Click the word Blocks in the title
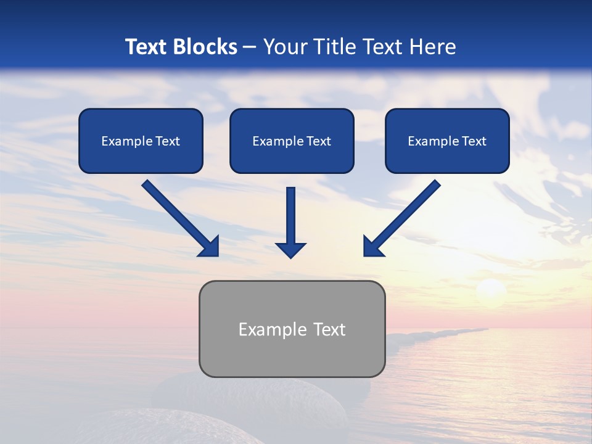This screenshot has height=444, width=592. [x=207, y=47]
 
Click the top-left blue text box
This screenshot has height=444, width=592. [x=141, y=141]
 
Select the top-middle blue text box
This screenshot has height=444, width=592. [x=292, y=141]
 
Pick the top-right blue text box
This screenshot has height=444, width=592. [x=447, y=141]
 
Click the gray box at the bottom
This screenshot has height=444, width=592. [x=292, y=329]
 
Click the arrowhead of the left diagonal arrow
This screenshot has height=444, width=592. [x=210, y=247]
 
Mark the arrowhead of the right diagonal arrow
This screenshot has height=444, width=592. [x=372, y=247]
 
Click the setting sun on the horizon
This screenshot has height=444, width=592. [x=491, y=289]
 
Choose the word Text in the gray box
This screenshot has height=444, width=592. [x=331, y=329]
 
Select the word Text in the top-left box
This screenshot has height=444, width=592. [x=168, y=141]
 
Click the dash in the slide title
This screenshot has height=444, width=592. [x=250, y=47]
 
